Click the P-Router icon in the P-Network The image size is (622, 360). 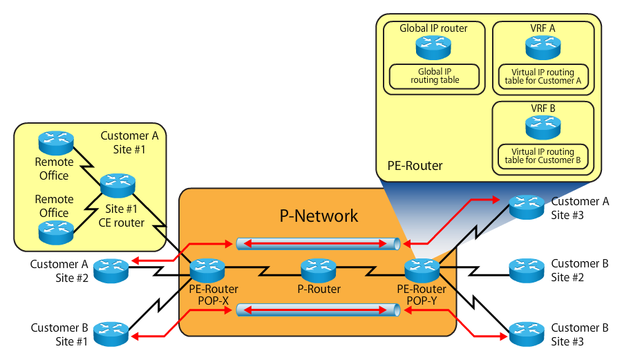pyautogui.click(x=318, y=268)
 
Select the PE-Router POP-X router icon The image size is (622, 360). pyautogui.click(x=207, y=268)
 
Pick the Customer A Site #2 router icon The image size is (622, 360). pyautogui.click(x=110, y=268)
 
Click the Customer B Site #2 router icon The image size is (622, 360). pyautogui.click(x=527, y=268)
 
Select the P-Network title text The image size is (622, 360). pyautogui.click(x=319, y=216)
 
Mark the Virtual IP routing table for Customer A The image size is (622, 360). pyautogui.click(x=543, y=77)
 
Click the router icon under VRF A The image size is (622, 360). pyautogui.click(x=543, y=46)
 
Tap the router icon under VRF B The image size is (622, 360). pyautogui.click(x=543, y=126)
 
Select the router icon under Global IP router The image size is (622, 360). pyautogui.click(x=434, y=46)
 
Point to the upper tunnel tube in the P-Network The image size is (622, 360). pyautogui.click(x=319, y=243)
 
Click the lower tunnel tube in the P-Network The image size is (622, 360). pyautogui.click(x=319, y=310)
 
